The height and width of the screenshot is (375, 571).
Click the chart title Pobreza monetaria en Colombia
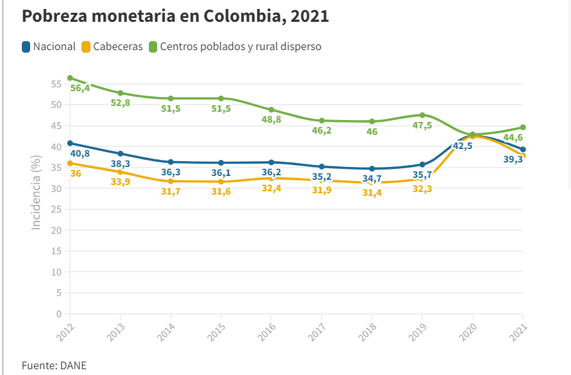point(175,16)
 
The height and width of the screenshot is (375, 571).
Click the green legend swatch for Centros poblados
point(153,47)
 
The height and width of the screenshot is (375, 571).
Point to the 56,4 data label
point(80,88)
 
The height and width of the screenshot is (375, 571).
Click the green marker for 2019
point(422,116)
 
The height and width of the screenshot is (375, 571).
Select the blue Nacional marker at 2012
point(70,143)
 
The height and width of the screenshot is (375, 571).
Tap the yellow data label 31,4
point(372,193)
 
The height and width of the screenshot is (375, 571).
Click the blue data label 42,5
point(463,146)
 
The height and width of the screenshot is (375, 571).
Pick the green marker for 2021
point(523,127)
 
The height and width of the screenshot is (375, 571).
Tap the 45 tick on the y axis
point(56,126)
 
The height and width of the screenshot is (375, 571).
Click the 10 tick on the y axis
point(56,272)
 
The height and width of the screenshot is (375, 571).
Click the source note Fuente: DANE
point(54,365)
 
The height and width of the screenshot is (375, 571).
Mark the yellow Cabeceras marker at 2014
point(171,181)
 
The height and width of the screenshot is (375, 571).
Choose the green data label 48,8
point(270,120)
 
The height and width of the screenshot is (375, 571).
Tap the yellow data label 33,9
point(121,182)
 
